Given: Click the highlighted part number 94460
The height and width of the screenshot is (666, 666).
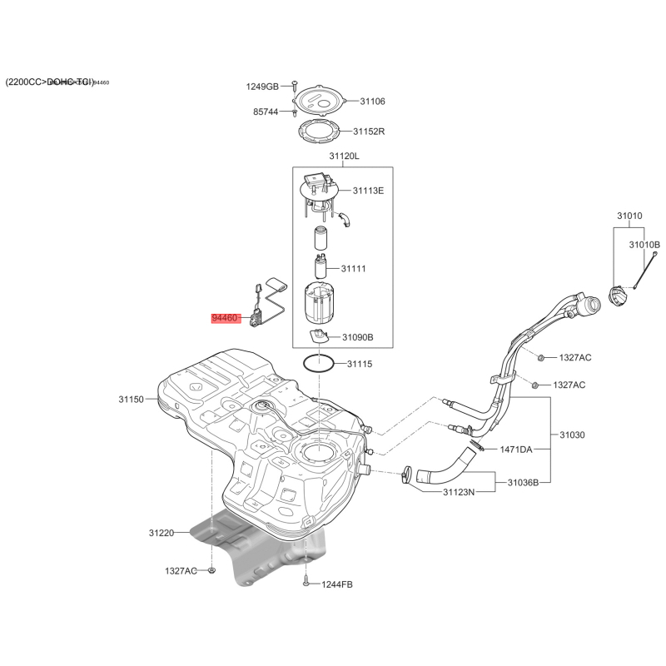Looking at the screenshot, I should (x=226, y=318).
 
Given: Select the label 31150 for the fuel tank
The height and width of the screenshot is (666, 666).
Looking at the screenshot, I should (x=132, y=400).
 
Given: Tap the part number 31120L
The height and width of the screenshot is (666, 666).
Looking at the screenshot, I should (x=343, y=156).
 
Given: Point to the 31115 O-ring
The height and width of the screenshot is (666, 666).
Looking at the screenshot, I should (x=317, y=363).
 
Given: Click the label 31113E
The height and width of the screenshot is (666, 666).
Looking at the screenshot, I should (x=368, y=191).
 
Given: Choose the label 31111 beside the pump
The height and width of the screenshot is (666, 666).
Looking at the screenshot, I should (x=354, y=269).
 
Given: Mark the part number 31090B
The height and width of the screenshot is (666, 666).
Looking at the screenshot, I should (x=358, y=337).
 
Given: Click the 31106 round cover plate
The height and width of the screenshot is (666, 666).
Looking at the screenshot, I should (x=321, y=99).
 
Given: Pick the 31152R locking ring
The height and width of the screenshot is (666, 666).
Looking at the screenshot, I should (x=320, y=131).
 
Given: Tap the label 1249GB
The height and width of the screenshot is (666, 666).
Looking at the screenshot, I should (x=262, y=87).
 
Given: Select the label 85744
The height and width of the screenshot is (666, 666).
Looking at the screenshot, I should (x=266, y=112).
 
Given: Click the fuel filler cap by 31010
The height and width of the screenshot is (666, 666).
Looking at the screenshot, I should (x=619, y=296).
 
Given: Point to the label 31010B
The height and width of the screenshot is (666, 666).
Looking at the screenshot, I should (x=644, y=245).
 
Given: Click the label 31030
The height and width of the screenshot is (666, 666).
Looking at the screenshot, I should (x=572, y=435).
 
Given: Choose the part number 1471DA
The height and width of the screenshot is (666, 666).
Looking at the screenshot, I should (x=515, y=450).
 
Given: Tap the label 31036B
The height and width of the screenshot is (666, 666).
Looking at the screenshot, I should (x=523, y=482).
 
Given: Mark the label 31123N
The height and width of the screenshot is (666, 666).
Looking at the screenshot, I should (x=458, y=492).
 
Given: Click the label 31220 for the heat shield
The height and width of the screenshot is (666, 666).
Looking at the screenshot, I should (x=162, y=532).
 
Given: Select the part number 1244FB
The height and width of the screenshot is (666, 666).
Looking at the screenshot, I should (x=337, y=584).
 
